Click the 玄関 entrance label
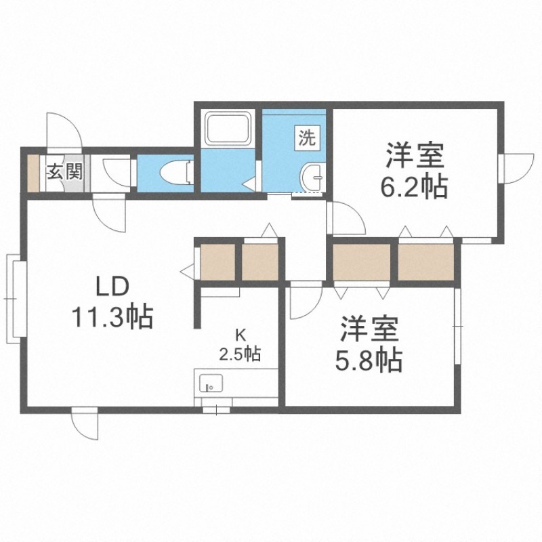pos(65,172)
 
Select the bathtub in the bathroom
pos(228,129)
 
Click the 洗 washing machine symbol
pos(307,138)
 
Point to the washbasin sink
pos(312,178)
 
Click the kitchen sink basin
pos(211,383)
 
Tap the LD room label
pos(112,288)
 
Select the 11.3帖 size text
pos(112,316)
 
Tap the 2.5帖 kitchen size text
pos(241,354)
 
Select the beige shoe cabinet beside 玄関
pos(33,173)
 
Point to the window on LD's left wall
pos(16,299)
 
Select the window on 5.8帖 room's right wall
pos(457,326)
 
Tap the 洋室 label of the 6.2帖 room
pos(415,156)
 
